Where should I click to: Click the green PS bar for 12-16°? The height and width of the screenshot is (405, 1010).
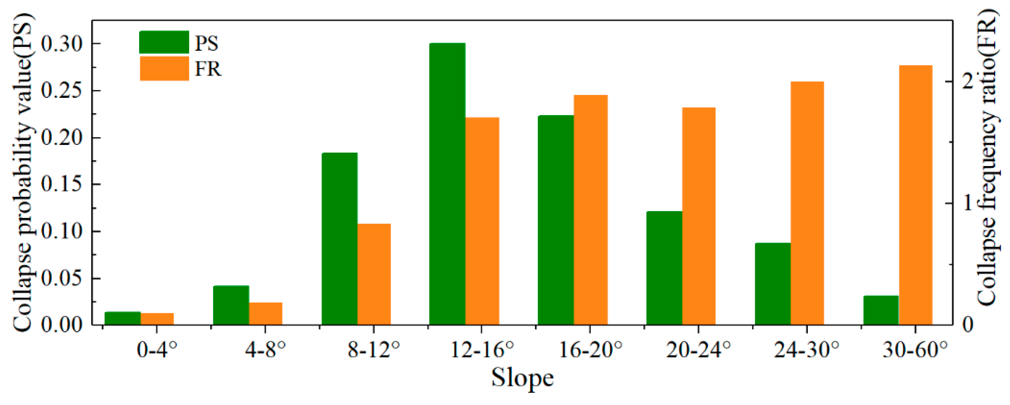click(447, 184)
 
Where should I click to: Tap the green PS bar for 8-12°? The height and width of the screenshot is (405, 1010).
click(339, 239)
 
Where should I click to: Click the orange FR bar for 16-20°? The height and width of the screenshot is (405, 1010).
click(591, 210)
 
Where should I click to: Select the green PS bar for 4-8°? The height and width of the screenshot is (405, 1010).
click(231, 305)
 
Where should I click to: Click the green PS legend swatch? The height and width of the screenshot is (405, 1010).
click(164, 42)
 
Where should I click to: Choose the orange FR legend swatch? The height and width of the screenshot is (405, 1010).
click(164, 69)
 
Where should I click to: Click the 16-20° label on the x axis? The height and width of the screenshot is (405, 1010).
click(591, 350)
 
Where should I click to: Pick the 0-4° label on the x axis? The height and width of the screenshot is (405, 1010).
click(157, 350)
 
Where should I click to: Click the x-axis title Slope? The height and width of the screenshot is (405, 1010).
click(522, 378)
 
